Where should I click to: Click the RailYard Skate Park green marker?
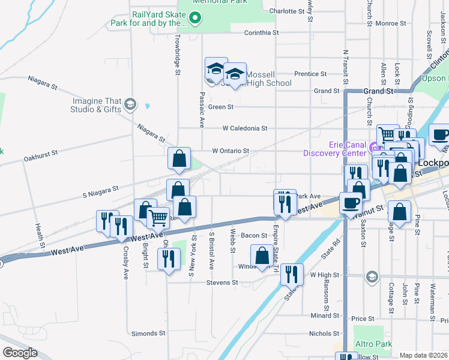pos(194,19)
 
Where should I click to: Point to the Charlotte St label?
pos(288,11)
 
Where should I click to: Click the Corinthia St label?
pos(262,32)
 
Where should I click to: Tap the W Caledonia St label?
pos(244,128)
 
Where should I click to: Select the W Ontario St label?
pos(230,151)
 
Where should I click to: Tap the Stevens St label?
pos(222,283)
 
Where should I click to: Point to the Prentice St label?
pos(310,74)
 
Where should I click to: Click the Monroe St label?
pos(390,23)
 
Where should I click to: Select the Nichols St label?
pos(324,334)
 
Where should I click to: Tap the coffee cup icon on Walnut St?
pos(351,202)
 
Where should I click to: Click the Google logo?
pos(20,353)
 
